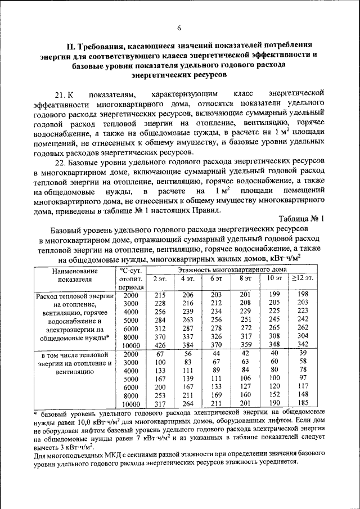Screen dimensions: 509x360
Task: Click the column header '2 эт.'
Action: [160, 278]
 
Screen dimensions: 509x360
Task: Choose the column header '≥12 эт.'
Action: [303, 278]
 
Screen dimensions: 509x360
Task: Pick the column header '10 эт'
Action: [274, 278]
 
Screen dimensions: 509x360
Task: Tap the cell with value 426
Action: [160, 345]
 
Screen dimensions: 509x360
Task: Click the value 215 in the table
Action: [160, 295]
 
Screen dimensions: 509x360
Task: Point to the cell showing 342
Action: [303, 345]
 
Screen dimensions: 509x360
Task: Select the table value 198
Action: [303, 295]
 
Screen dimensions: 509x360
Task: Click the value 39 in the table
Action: [303, 353]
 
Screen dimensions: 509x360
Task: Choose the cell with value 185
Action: [303, 403]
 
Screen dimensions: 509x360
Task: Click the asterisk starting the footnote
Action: [35, 414]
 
